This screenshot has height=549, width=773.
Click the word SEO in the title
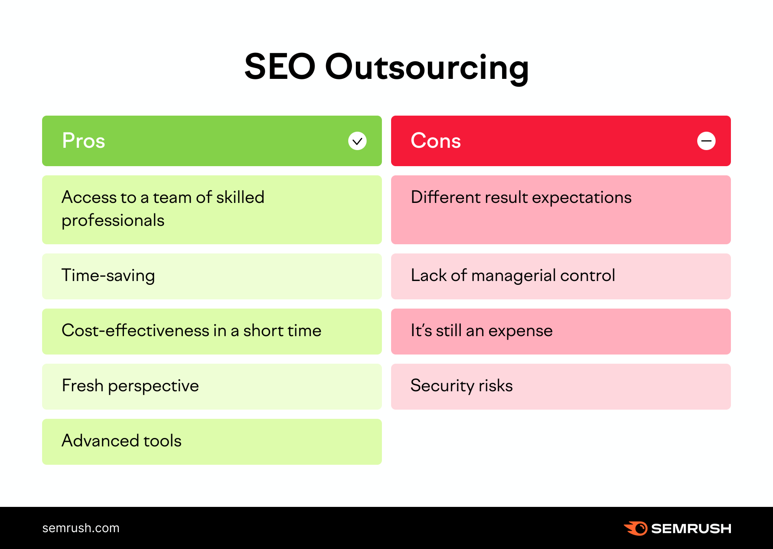(x=280, y=67)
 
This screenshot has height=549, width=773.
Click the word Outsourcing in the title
(x=427, y=67)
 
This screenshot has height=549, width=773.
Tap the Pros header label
(x=83, y=141)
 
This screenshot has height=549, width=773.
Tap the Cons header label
(x=435, y=141)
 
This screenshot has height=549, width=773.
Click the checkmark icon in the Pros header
(x=357, y=141)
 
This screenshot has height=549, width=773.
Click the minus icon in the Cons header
(x=706, y=141)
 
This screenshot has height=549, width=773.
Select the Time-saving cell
(x=212, y=276)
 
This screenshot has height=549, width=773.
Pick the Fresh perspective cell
(x=212, y=386)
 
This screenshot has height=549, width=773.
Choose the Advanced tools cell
(x=212, y=441)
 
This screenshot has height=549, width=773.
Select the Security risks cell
(x=561, y=386)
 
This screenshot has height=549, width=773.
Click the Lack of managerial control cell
(x=561, y=276)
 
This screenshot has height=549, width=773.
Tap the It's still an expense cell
(x=561, y=331)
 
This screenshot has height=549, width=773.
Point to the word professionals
(x=113, y=221)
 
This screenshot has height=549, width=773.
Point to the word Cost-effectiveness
(x=135, y=330)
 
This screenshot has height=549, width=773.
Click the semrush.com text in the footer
(x=81, y=528)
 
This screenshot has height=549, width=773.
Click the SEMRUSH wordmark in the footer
(x=691, y=529)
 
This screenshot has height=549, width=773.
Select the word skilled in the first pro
(x=240, y=198)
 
